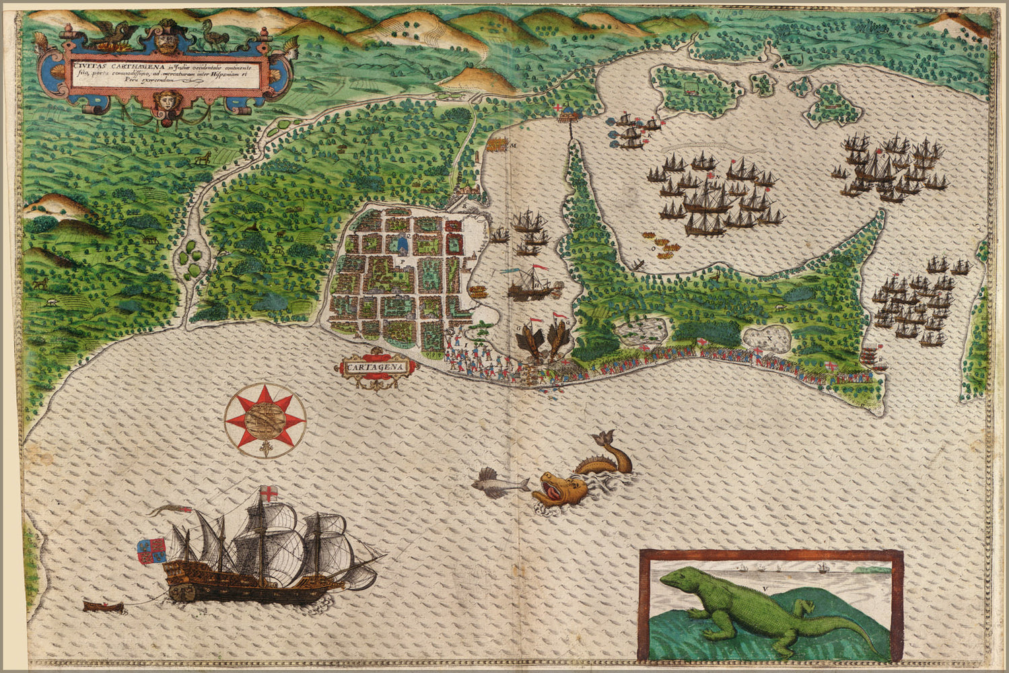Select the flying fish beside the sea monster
pos(498,483)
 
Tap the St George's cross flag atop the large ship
pos(269,493)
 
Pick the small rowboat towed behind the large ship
pos(104,606)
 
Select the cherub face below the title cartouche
pos(164,101)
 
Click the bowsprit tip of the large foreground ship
pos(386,556)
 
